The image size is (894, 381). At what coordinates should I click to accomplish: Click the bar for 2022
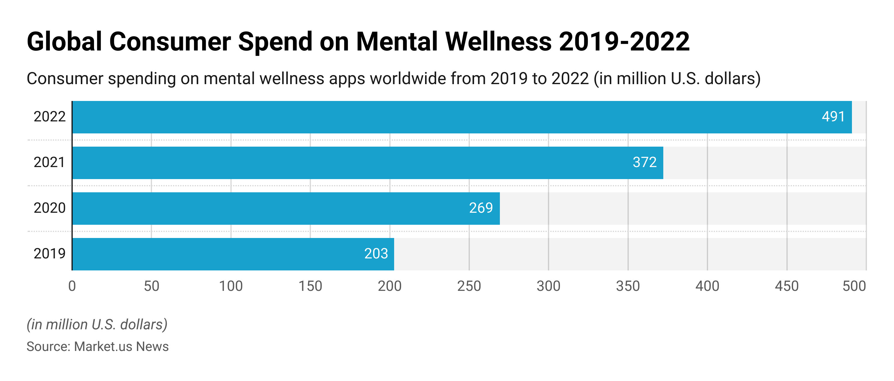(x=462, y=117)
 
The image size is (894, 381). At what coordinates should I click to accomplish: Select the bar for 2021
(x=368, y=163)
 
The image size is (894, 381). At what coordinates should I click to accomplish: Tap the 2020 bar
(x=286, y=208)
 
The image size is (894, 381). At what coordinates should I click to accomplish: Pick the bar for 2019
(x=233, y=254)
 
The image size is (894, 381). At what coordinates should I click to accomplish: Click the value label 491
(x=833, y=117)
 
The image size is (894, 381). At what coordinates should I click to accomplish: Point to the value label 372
(x=644, y=162)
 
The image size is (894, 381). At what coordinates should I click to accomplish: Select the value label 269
(x=481, y=208)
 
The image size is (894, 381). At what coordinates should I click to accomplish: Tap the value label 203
(x=376, y=254)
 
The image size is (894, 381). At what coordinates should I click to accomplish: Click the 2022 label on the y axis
(x=49, y=117)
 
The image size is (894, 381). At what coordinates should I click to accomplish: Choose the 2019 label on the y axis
(x=49, y=254)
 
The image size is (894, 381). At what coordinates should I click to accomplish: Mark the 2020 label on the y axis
(x=49, y=208)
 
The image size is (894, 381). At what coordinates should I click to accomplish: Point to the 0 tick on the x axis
(x=72, y=286)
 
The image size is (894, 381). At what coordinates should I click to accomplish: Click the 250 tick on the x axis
(x=469, y=286)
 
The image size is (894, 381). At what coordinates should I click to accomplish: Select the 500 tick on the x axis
(x=854, y=286)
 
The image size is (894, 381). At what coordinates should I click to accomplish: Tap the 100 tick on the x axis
(x=231, y=286)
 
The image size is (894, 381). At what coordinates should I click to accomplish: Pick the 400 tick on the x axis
(x=707, y=286)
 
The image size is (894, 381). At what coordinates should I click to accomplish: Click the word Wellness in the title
(x=498, y=42)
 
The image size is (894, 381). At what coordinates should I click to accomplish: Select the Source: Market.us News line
(x=98, y=347)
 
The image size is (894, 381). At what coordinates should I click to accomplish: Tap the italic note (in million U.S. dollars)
(x=97, y=325)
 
